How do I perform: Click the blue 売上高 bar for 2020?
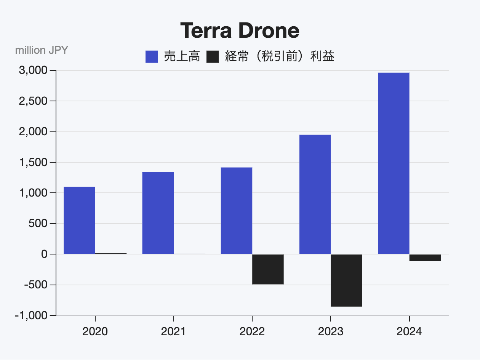[x=79, y=220]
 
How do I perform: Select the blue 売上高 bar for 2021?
[x=158, y=213]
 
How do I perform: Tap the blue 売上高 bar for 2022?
[x=236, y=211]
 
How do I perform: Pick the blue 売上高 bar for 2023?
[x=315, y=194]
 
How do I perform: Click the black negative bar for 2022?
[x=268, y=269]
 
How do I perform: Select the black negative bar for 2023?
[x=346, y=280]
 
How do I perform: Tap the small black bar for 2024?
[x=425, y=258]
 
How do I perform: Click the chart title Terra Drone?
[x=240, y=30]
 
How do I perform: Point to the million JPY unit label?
[x=42, y=50]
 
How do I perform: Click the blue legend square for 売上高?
[x=152, y=57]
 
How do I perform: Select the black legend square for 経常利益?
[x=213, y=57]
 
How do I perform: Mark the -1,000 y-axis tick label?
[x=32, y=315]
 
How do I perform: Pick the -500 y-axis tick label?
[x=35, y=285]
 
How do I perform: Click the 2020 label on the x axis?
[x=95, y=331]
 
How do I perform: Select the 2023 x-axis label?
[x=331, y=331]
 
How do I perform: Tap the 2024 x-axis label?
[x=409, y=331]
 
